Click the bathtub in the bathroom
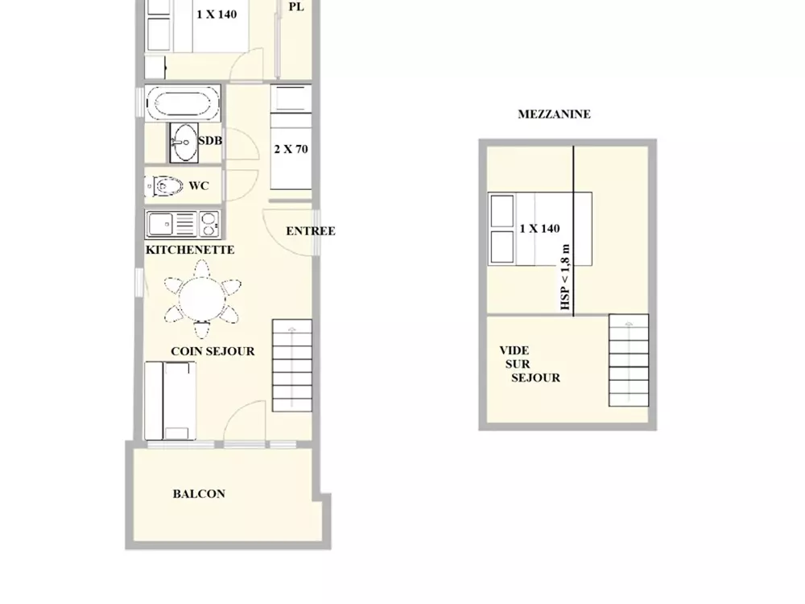(183, 103)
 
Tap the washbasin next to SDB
(184, 143)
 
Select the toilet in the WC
(163, 186)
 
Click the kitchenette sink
(161, 224)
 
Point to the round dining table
(202, 300)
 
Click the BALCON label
(199, 494)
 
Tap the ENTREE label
(311, 231)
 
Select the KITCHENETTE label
(190, 250)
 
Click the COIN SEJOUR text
(213, 351)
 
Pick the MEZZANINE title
(554, 114)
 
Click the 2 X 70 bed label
(291, 150)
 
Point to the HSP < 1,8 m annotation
(565, 277)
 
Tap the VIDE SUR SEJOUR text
(530, 364)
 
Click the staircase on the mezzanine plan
(629, 360)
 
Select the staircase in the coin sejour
(291, 365)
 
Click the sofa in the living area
(170, 400)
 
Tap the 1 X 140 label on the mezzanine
(539, 229)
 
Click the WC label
(199, 186)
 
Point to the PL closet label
(296, 6)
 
